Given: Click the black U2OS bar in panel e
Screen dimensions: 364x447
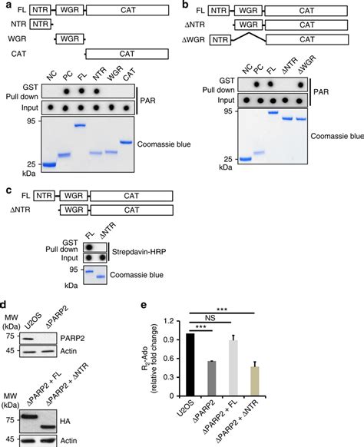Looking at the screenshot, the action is tap(190, 365).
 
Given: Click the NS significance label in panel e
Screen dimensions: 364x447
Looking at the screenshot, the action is tap(210, 318).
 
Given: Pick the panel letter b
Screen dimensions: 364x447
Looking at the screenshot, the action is tap(185, 5).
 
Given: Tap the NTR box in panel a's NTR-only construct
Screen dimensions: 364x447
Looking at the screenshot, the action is tap(40, 25).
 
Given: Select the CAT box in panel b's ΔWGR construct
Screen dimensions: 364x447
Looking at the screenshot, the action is tap(307, 39).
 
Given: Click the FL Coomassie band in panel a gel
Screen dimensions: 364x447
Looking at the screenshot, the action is tap(80, 125).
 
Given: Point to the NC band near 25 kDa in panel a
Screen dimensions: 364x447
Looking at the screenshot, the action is tap(49, 164).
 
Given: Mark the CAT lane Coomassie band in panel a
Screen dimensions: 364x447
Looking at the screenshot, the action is tap(125, 142).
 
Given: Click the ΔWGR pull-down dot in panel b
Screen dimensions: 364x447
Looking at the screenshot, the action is tap(300, 84).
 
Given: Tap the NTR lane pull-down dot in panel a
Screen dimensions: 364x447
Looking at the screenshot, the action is tap(97, 91).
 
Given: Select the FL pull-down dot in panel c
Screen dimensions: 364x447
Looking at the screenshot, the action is tap(89, 247).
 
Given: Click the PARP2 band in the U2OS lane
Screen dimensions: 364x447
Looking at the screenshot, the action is tap(27, 339).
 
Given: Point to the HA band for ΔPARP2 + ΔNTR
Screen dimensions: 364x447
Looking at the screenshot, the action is tap(47, 427).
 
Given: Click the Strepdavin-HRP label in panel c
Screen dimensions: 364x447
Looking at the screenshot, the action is tap(139, 252).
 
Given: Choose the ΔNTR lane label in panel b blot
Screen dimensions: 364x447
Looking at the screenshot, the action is tap(290, 66).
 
